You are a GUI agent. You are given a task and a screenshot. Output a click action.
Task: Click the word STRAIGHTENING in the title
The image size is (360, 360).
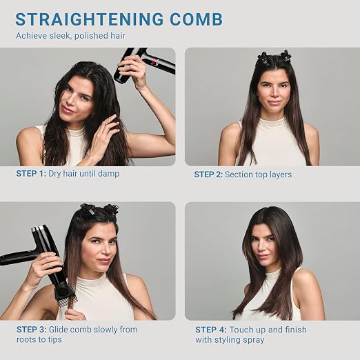click(90, 19)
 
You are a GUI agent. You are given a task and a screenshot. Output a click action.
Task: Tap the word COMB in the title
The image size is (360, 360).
click(197, 19)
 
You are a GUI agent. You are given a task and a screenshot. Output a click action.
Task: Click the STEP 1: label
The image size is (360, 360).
click(31, 174)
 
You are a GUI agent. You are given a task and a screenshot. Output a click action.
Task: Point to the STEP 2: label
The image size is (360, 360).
click(208, 174)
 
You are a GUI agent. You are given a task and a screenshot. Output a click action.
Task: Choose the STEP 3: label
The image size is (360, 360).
click(32, 330)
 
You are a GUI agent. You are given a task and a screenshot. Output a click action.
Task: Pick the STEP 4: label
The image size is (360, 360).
click(211, 330)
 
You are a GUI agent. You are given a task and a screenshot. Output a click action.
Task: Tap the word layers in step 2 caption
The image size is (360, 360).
click(279, 174)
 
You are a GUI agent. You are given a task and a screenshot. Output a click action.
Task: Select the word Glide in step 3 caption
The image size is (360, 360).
click(59, 330)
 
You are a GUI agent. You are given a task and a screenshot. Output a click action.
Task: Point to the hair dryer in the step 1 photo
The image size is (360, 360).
click(143, 65)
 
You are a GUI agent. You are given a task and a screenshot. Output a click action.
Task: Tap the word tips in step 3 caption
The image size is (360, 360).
click(55, 340)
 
